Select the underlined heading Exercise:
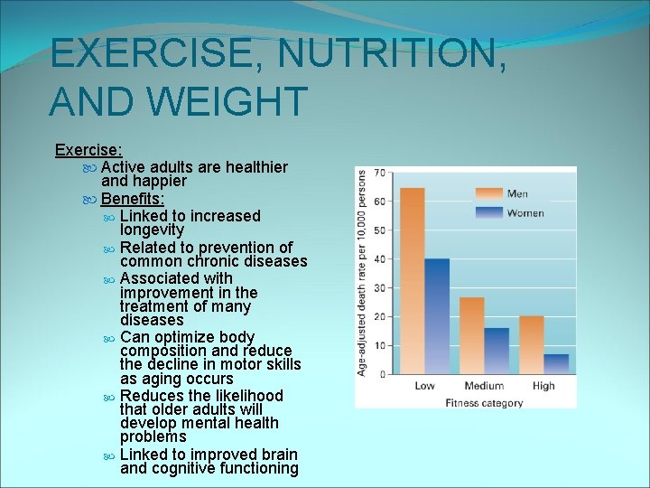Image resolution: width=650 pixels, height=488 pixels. click(88, 150)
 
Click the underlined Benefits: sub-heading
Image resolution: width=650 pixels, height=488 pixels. click(132, 199)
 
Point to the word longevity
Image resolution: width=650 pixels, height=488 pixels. click(152, 230)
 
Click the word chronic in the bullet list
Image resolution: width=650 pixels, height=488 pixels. click(212, 261)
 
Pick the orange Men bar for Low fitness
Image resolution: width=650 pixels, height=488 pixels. click(412, 281)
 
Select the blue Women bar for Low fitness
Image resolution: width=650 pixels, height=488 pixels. click(437, 316)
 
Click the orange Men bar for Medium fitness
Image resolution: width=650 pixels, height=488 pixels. click(472, 335)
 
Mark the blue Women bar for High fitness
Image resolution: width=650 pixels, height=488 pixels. click(556, 363)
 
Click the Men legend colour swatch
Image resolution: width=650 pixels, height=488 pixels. click(489, 192)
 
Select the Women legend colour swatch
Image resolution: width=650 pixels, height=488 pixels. click(489, 212)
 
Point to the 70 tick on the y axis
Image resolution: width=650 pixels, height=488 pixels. click(380, 172)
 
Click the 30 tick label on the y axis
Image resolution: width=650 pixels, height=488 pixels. click(380, 287)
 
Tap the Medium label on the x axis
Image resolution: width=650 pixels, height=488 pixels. click(484, 386)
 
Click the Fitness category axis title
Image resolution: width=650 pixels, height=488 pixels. click(484, 403)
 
